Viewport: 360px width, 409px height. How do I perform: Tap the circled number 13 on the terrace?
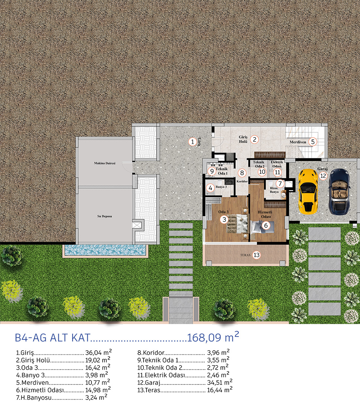click(x=257, y=255)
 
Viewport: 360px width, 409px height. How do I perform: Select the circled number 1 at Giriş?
click(x=193, y=142)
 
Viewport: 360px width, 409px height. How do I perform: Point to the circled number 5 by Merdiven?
click(x=313, y=142)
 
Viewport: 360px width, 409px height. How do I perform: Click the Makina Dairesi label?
click(x=105, y=163)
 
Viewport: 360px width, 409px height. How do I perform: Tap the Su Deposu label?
click(x=105, y=216)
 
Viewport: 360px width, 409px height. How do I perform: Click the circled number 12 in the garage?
click(x=323, y=176)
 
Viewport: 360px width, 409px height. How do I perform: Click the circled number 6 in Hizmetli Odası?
click(x=266, y=225)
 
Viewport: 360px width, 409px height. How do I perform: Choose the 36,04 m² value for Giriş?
click(x=99, y=352)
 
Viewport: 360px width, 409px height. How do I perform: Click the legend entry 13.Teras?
click(x=149, y=390)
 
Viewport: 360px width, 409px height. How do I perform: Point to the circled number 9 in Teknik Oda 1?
click(x=212, y=171)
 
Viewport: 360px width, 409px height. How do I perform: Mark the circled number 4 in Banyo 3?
click(x=210, y=188)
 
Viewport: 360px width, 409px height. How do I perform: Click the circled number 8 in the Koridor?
click(x=242, y=173)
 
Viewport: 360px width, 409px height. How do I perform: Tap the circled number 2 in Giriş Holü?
click(x=255, y=139)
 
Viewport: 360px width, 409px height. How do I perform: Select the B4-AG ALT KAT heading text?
click(x=52, y=338)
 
